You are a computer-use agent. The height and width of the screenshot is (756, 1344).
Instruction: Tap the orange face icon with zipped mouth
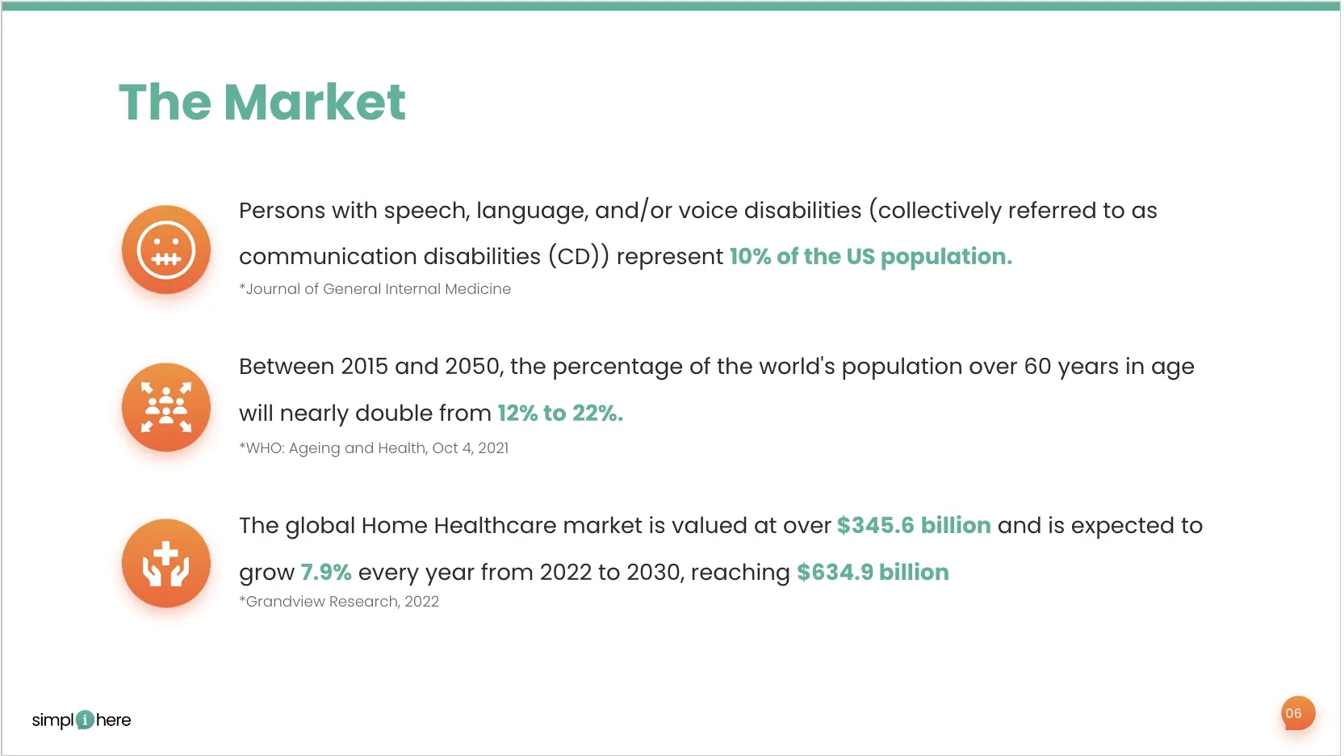166,250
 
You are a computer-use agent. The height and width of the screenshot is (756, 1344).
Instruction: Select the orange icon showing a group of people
166,407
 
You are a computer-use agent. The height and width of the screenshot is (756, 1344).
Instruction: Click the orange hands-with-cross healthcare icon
166,563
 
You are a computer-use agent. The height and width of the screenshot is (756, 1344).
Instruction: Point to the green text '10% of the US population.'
871,256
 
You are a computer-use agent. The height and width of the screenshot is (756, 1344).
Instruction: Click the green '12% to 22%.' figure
560,413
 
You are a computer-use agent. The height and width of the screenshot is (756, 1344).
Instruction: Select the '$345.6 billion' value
914,526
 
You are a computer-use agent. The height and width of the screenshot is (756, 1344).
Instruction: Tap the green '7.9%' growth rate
326,573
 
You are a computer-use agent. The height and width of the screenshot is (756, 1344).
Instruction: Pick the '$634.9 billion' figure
873,573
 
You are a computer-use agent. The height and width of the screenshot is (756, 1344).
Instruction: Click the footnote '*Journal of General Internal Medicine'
375,289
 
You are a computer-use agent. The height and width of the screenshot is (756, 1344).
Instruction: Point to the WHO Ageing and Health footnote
374,448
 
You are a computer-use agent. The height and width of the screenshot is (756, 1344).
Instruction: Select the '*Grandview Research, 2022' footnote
339,602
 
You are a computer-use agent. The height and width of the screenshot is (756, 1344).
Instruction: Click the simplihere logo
82,720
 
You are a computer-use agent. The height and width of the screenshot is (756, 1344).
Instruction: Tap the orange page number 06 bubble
1298,713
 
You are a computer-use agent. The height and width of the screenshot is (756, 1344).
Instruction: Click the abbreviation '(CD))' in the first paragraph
579,257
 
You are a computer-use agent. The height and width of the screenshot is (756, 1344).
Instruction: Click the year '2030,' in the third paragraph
655,573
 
